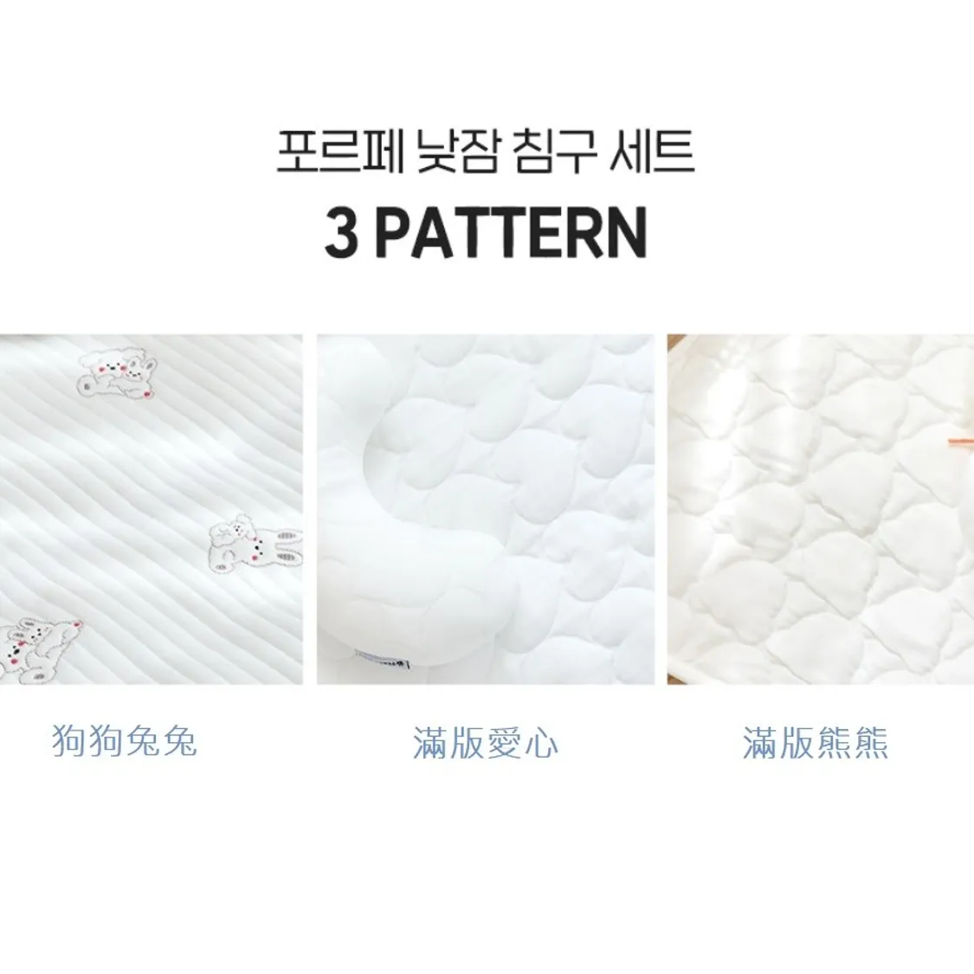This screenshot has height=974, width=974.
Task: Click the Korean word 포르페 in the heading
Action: (339, 152)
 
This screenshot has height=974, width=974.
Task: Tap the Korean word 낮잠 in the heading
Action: (459, 152)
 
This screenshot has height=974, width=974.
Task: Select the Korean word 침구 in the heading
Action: (556, 152)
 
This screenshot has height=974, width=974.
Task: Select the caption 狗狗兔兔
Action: (124, 740)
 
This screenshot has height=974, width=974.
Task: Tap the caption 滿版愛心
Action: (485, 742)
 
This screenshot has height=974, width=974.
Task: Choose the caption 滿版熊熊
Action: (815, 742)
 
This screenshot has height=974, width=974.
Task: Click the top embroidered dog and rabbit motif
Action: (118, 372)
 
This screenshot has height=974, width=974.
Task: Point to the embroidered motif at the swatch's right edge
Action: (255, 546)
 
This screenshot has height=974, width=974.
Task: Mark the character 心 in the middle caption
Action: (540, 743)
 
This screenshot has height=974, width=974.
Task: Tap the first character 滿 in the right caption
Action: (760, 742)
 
